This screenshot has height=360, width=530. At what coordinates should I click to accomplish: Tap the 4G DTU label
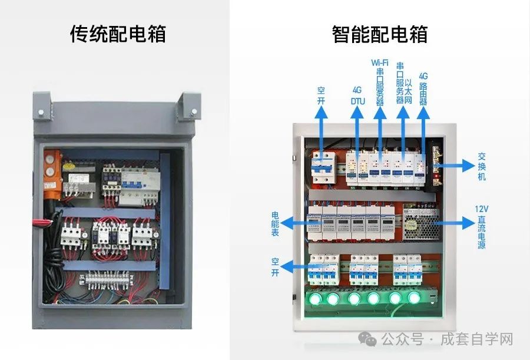tap(357, 95)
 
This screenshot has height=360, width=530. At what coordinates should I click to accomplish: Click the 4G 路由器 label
tap(423, 88)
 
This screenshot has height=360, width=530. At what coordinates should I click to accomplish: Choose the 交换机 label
tap(481, 166)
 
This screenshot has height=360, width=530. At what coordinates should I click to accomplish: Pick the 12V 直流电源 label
tap(481, 227)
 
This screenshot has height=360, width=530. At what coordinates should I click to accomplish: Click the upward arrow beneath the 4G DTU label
tap(357, 133)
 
